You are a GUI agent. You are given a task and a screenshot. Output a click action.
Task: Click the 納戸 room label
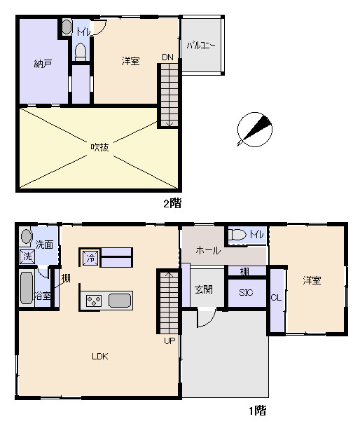[x=43, y=64]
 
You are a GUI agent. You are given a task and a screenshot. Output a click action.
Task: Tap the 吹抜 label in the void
[x=99, y=147]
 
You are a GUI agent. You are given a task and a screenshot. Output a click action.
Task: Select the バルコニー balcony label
[x=201, y=45]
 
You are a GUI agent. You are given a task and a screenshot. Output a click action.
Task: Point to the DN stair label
[x=167, y=57]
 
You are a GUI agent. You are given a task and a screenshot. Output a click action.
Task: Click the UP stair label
[x=169, y=341]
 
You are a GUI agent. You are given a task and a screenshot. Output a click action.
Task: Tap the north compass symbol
[x=254, y=130]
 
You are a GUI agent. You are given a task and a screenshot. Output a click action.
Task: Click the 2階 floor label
[x=172, y=203]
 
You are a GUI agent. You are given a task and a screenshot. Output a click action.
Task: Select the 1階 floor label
[x=258, y=411]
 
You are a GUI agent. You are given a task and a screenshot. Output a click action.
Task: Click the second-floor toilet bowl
[x=81, y=52]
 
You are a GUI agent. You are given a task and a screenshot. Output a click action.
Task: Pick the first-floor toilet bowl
[x=237, y=235]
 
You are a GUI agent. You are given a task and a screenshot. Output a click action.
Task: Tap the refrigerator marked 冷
[x=90, y=258]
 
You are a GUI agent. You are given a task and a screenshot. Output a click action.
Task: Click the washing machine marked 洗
[x=27, y=256]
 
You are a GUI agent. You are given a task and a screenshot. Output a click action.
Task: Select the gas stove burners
[x=94, y=301]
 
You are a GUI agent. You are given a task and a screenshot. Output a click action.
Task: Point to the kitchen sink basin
[x=120, y=301]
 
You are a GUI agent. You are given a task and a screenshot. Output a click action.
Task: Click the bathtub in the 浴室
[x=27, y=288]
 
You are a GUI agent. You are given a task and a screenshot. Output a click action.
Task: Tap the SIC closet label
[x=246, y=292]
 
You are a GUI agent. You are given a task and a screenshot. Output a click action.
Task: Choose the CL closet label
[x=276, y=298]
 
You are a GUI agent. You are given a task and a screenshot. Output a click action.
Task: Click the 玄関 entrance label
[x=204, y=289]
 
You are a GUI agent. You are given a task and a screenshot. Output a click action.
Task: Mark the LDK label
[x=100, y=356]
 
